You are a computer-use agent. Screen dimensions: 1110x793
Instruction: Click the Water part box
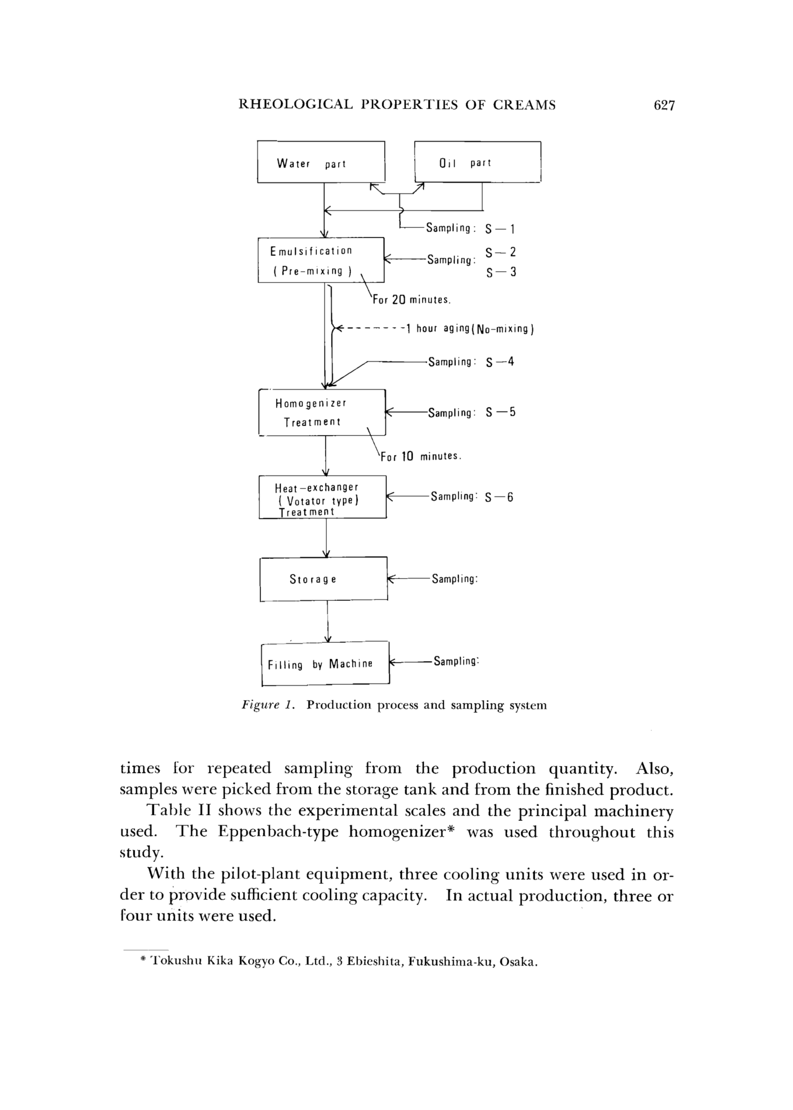click(x=321, y=162)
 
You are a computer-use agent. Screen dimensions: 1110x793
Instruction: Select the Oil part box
click(x=477, y=162)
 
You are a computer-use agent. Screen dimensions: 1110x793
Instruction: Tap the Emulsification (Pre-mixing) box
click(x=321, y=260)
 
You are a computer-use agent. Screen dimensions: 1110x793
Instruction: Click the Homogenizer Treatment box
click(x=322, y=412)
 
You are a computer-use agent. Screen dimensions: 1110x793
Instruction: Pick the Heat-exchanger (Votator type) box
click(x=322, y=497)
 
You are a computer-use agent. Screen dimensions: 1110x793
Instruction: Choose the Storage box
click(x=323, y=579)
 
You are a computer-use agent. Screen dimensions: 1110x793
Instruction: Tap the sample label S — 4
click(x=500, y=362)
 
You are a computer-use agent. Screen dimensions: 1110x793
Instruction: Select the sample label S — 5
click(x=501, y=412)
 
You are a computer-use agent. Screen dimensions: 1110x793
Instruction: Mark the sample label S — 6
click(x=499, y=497)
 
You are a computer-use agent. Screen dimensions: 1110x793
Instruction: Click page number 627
click(x=663, y=105)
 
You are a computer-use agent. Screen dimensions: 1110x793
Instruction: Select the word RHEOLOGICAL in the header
click(x=295, y=105)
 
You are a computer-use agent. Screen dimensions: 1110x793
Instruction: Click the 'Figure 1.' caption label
click(x=269, y=705)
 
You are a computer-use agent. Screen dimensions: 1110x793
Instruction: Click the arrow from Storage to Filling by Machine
click(x=328, y=621)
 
